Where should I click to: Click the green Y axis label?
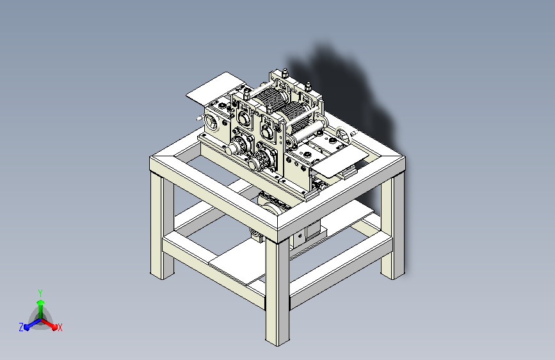coord(40,291)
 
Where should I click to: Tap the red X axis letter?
coord(60,327)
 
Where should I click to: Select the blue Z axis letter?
coord(21,327)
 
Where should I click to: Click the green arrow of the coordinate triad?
coord(40,304)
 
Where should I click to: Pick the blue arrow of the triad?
coord(29,324)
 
